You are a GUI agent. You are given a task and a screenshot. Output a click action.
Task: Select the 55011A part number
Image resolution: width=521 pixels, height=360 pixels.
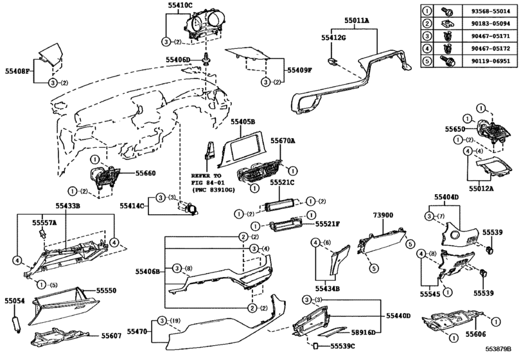[357, 21]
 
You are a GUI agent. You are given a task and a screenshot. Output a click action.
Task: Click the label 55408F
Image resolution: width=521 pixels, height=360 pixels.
[18, 71]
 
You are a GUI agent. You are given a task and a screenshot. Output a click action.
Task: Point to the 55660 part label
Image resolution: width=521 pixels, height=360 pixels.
[145, 172]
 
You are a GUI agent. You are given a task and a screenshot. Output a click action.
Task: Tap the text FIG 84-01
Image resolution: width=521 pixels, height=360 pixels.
[208, 183]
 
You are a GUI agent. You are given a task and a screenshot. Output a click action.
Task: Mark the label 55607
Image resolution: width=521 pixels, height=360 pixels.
[110, 335]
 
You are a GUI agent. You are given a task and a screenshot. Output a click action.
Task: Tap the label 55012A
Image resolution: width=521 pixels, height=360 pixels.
[482, 189]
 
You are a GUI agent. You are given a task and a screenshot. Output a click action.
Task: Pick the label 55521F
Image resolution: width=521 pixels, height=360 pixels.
[328, 224]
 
